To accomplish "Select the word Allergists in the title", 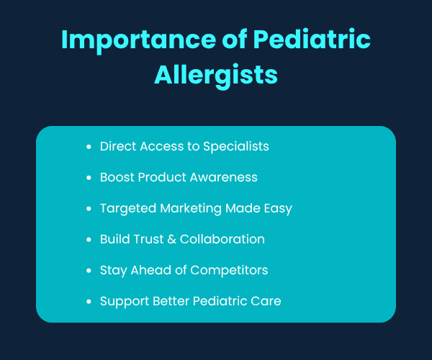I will point(216,75).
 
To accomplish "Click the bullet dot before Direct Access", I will point(88,147).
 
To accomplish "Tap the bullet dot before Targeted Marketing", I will point(88,209).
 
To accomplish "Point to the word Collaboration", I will point(223,239).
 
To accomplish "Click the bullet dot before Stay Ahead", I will point(88,271).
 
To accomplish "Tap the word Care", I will point(266,301).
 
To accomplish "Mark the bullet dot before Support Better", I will point(88,302).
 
